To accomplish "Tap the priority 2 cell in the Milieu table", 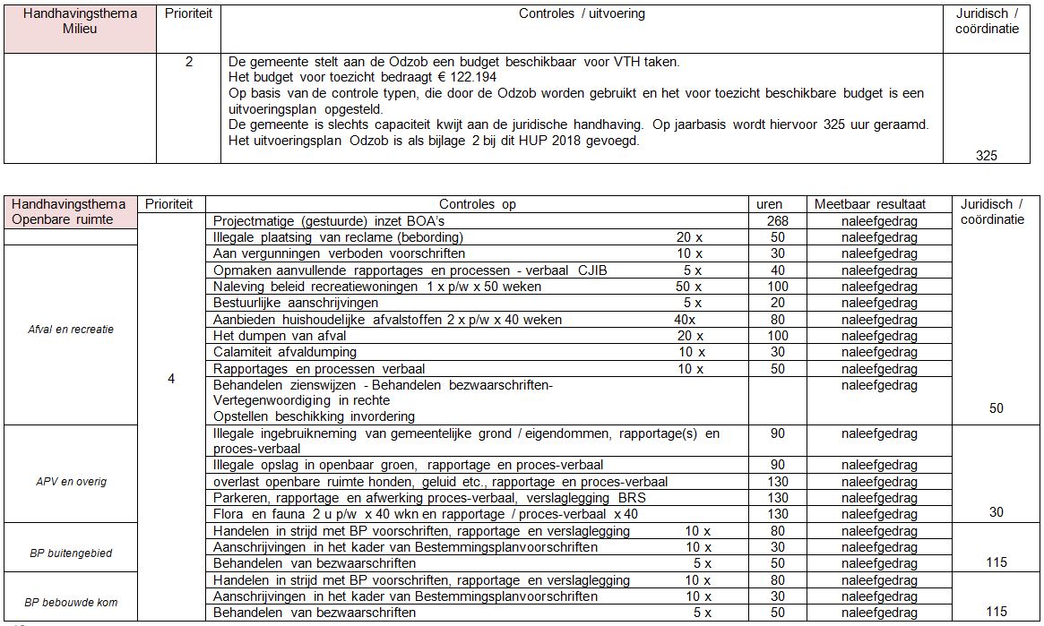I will tap(188, 62).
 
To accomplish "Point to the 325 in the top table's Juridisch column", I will tap(986, 156).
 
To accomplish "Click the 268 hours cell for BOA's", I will tap(778, 221).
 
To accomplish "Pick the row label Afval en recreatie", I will tap(71, 329).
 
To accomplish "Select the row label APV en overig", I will tap(71, 481).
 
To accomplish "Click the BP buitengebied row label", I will tap(71, 553).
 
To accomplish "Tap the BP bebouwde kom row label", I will tap(71, 602).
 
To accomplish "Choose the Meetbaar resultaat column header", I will tap(869, 204).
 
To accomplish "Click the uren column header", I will tap(770, 204).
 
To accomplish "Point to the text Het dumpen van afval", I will tap(267, 336).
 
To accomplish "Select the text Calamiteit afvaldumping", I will tap(284, 352).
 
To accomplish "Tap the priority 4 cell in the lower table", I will tap(171, 379).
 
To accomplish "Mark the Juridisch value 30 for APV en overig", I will tap(996, 512).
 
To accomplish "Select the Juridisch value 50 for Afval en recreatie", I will tap(996, 408).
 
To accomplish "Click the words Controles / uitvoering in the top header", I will tap(582, 14).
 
